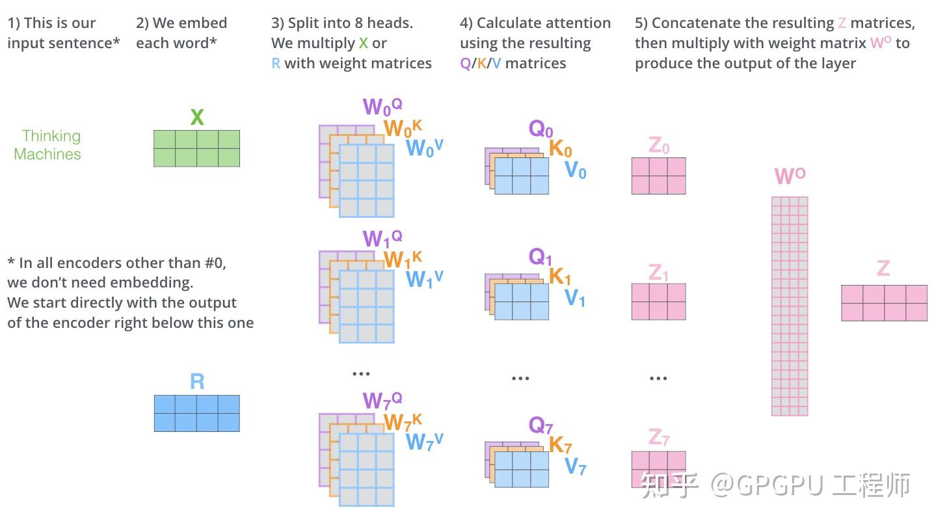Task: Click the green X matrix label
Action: coord(196,118)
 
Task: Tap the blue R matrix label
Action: coord(196,381)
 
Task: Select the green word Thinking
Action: coord(51,136)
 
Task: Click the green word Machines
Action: coord(47,154)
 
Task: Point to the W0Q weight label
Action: coord(382,106)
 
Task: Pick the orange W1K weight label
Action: coord(403,260)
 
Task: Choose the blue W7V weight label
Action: coord(424,441)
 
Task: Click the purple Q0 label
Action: coord(540,129)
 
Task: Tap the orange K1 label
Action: coord(560,276)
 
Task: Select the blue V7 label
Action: coord(575,466)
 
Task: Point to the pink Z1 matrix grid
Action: coord(658,301)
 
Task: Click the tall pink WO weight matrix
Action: coord(790,306)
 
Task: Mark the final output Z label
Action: coord(883,268)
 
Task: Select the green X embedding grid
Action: coord(196,148)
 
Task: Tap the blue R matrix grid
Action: coord(196,413)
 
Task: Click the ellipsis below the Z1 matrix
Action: coord(658,378)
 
